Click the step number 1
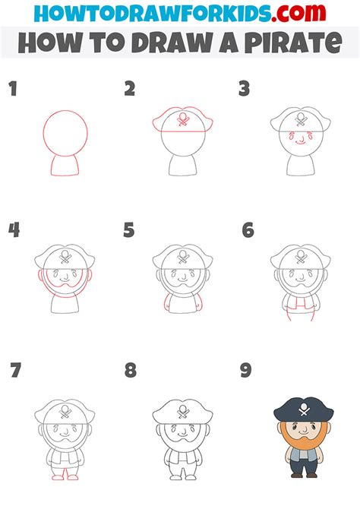12,90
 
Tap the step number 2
130,90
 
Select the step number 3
245,90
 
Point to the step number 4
13,230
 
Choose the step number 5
129,230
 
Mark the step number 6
248,230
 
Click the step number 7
15,371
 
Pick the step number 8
131,371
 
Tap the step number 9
245,371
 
